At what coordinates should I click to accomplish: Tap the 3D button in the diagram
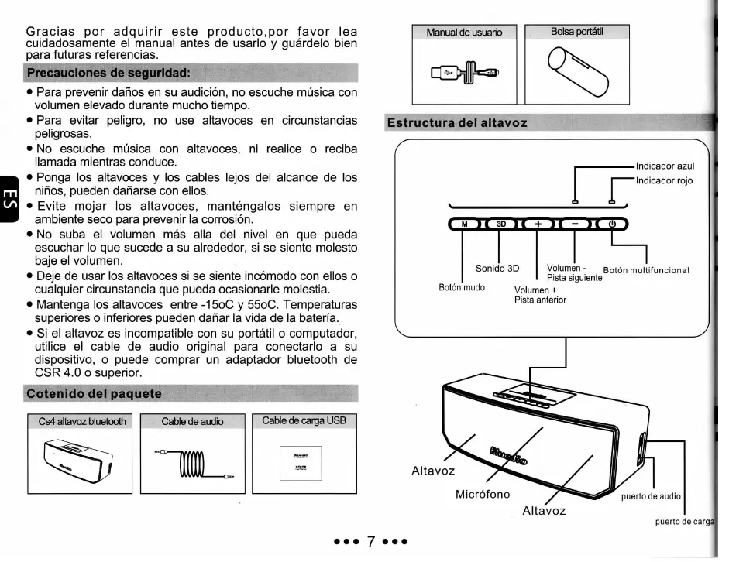click(x=501, y=224)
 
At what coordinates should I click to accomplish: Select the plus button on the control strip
click(x=538, y=224)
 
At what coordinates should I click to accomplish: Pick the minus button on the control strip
click(x=574, y=224)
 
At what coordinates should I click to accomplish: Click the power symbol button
click(x=611, y=224)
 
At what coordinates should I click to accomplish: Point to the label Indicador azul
click(x=665, y=166)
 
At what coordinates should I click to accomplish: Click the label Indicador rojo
click(x=664, y=181)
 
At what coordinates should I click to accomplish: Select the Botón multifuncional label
click(x=646, y=270)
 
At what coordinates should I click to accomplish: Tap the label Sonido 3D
click(x=497, y=269)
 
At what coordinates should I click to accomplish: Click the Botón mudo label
click(x=462, y=287)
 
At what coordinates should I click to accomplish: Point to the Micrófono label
click(x=483, y=494)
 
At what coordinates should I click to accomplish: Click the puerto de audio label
click(x=651, y=497)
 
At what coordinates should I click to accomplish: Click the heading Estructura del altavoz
click(x=457, y=123)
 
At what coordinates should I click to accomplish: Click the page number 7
click(x=370, y=539)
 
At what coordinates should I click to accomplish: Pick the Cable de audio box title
click(x=192, y=422)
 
